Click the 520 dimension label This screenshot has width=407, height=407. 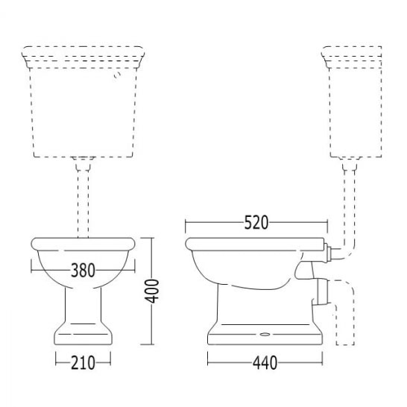click(x=256, y=223)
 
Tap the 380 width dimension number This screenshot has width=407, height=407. click(x=83, y=270)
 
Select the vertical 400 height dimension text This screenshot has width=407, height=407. click(x=151, y=291)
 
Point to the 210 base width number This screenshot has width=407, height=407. click(x=83, y=362)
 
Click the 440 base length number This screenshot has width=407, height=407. click(x=265, y=362)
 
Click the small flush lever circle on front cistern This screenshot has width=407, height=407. click(x=117, y=75)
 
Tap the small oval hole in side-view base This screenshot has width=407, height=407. click(x=265, y=334)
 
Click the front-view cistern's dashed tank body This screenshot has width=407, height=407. click(x=83, y=113)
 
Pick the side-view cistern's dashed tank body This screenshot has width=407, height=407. click(x=355, y=113)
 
